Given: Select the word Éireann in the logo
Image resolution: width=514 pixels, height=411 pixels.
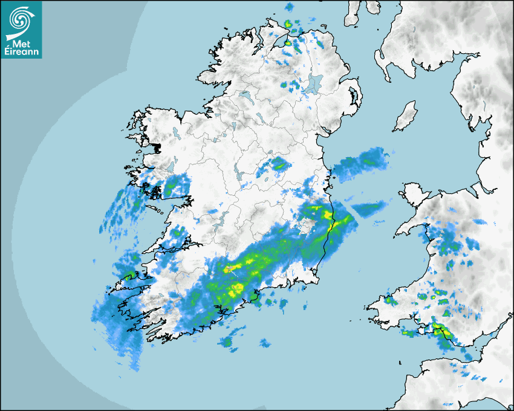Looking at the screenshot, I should point(22,53).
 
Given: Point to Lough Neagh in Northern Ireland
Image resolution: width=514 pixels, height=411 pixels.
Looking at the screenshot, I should point(313,83).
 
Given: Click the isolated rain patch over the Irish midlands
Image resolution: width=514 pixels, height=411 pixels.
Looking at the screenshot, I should point(278,164).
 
